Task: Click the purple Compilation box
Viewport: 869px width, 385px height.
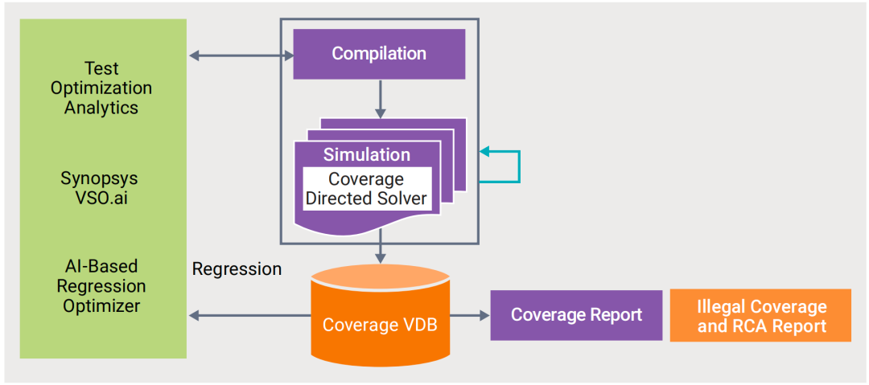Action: [x=379, y=54]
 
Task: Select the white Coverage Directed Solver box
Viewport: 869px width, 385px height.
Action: [x=367, y=189]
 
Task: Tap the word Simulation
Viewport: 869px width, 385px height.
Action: [x=367, y=155]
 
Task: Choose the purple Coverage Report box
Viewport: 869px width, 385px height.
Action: [x=576, y=315]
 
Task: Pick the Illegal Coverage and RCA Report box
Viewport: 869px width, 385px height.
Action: [x=760, y=316]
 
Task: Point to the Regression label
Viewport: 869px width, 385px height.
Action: [x=237, y=269]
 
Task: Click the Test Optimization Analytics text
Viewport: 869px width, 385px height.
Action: [x=101, y=88]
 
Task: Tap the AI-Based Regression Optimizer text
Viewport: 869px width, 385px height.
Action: [x=101, y=286]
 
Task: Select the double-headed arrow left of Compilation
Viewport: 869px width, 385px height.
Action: [x=241, y=55]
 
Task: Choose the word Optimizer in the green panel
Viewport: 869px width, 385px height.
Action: [x=101, y=306]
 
